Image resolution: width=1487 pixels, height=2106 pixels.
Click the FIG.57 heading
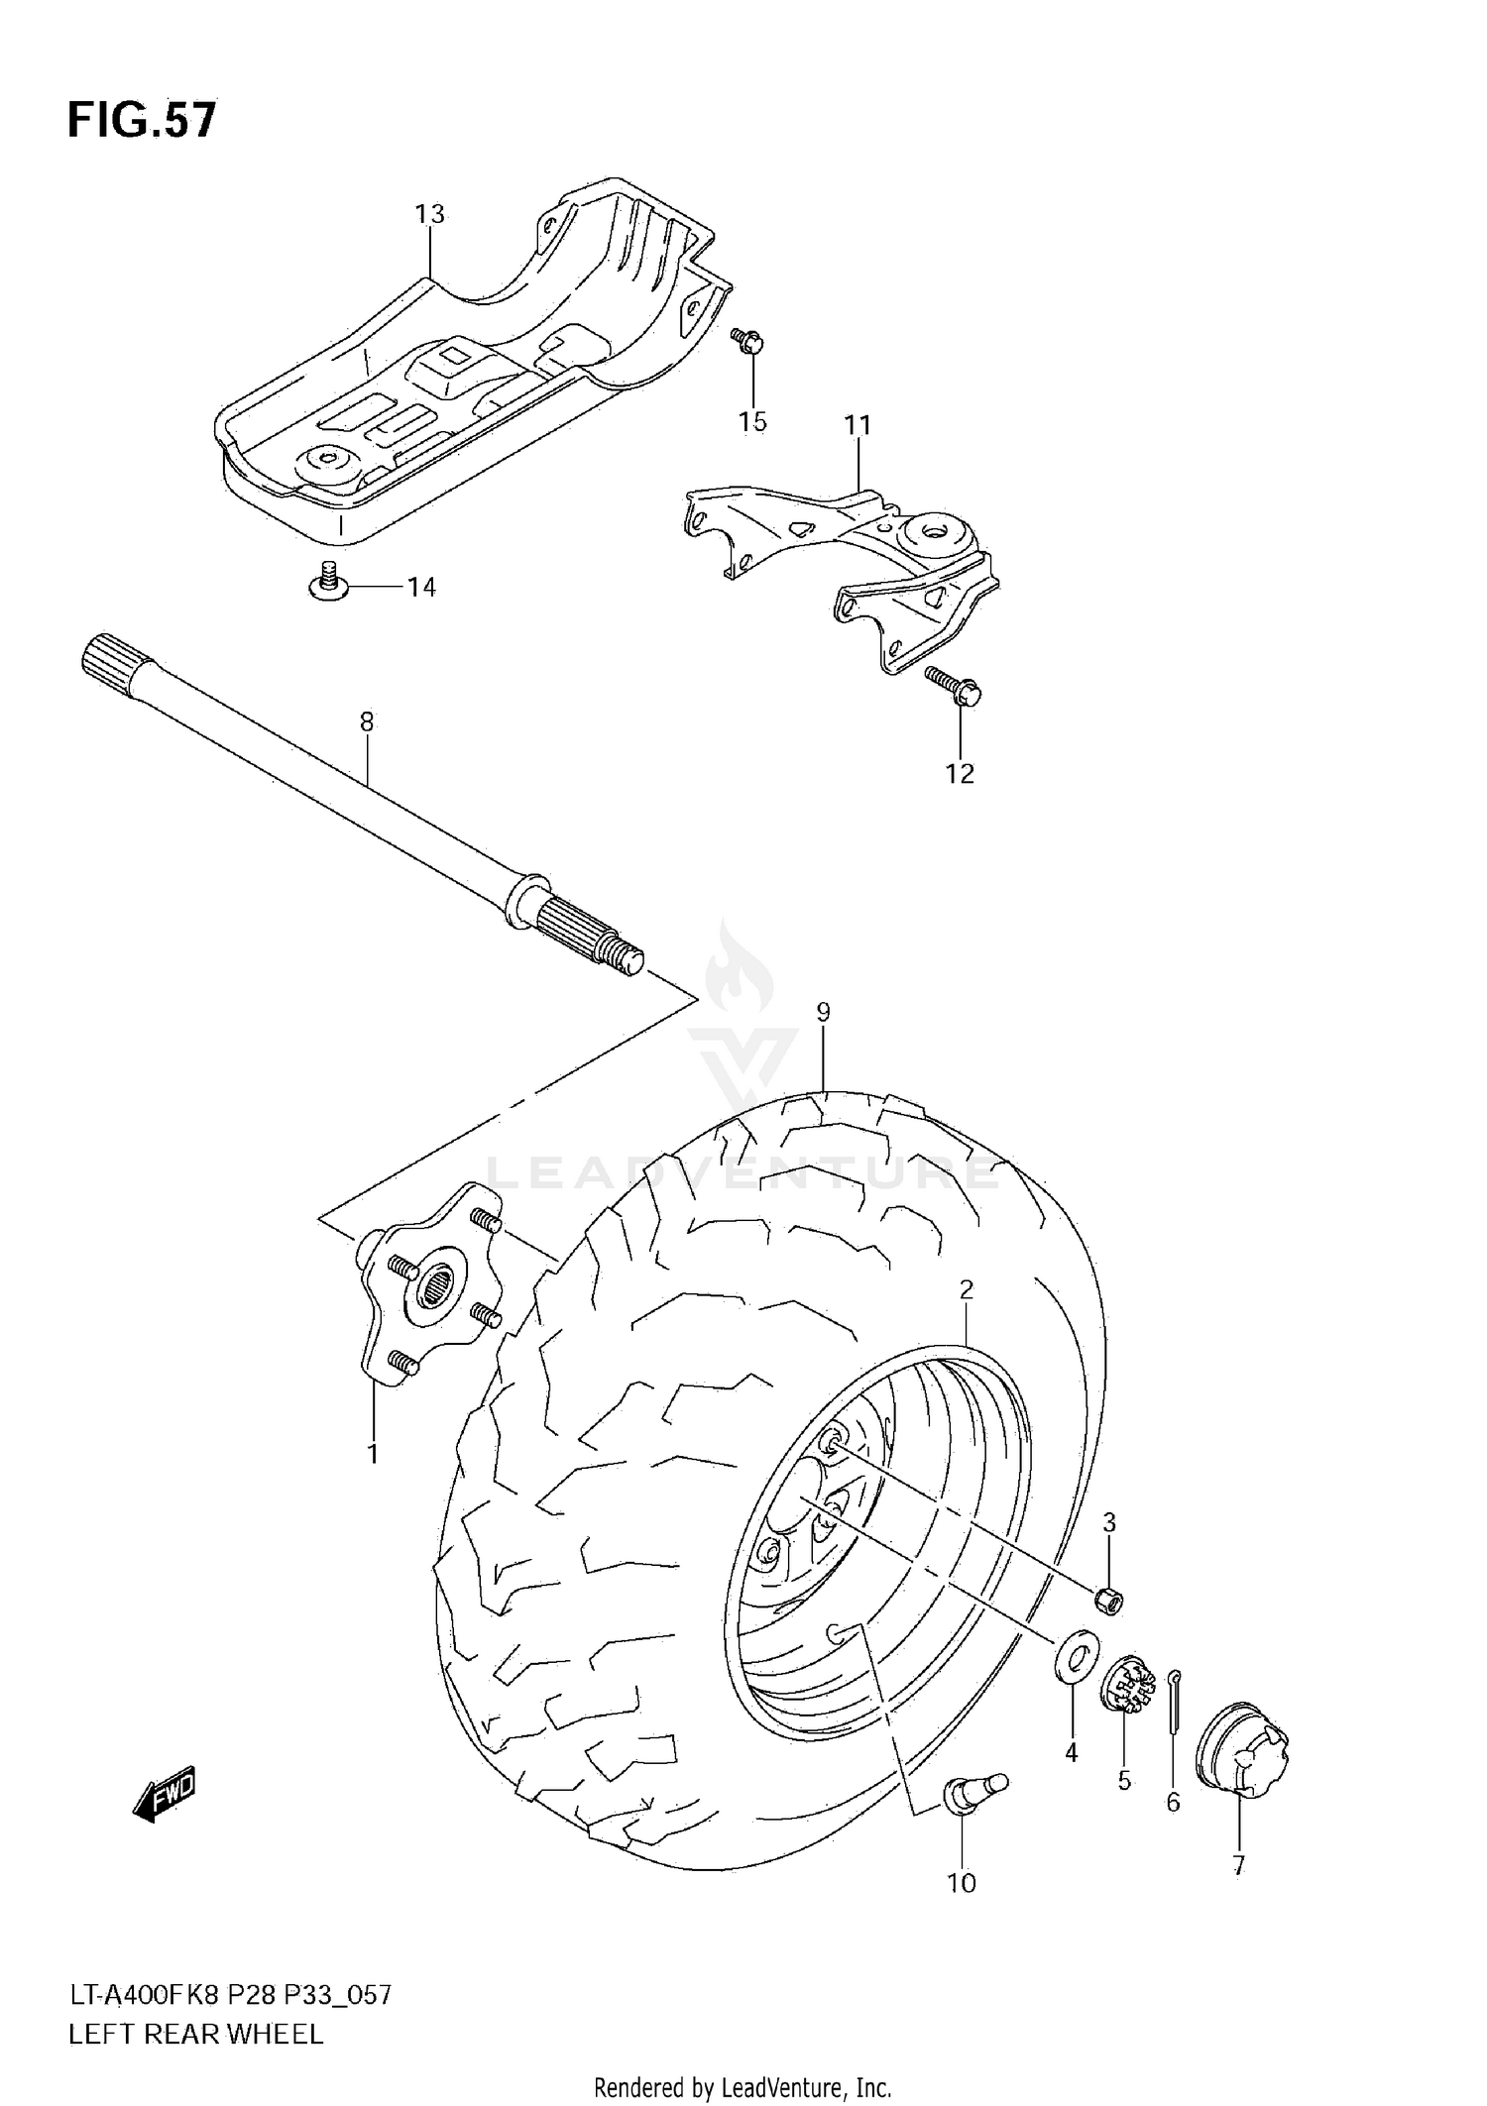(x=142, y=120)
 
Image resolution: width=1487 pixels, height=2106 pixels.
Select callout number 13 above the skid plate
(x=429, y=214)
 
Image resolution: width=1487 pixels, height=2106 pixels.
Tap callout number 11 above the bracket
(x=858, y=425)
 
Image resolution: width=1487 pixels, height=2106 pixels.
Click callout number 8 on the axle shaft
(x=367, y=722)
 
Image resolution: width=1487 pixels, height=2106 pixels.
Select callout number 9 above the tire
(x=823, y=1012)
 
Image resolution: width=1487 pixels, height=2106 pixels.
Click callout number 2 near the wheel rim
(x=966, y=1289)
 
